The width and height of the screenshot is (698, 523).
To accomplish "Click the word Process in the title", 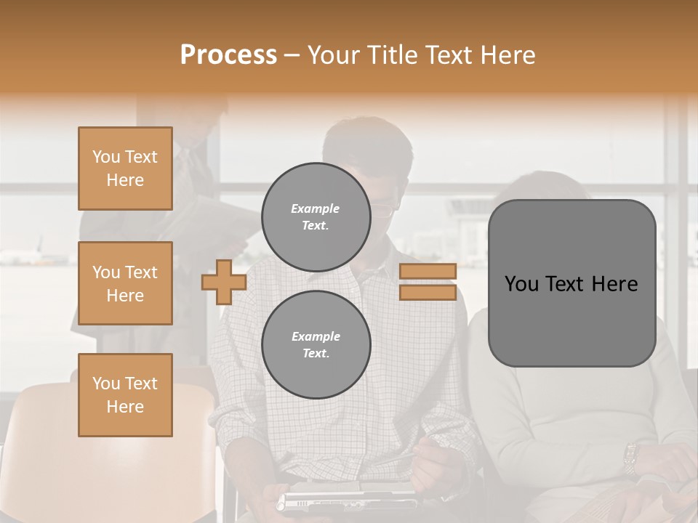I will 228,55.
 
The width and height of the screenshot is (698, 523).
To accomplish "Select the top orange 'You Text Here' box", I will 125,169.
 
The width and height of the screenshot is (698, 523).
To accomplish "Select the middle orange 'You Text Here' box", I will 125,283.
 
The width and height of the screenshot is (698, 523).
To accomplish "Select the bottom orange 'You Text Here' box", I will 125,395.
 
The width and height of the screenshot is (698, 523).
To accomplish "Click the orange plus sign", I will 223,282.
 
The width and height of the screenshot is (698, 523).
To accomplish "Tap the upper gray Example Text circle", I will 316,216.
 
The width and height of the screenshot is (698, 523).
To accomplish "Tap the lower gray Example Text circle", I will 316,344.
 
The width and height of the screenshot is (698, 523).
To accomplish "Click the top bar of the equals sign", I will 428,271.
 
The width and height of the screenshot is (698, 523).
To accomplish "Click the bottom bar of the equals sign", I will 428,292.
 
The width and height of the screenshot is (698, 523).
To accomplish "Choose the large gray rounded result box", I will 571,320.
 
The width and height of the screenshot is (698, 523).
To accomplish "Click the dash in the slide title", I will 292,55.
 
